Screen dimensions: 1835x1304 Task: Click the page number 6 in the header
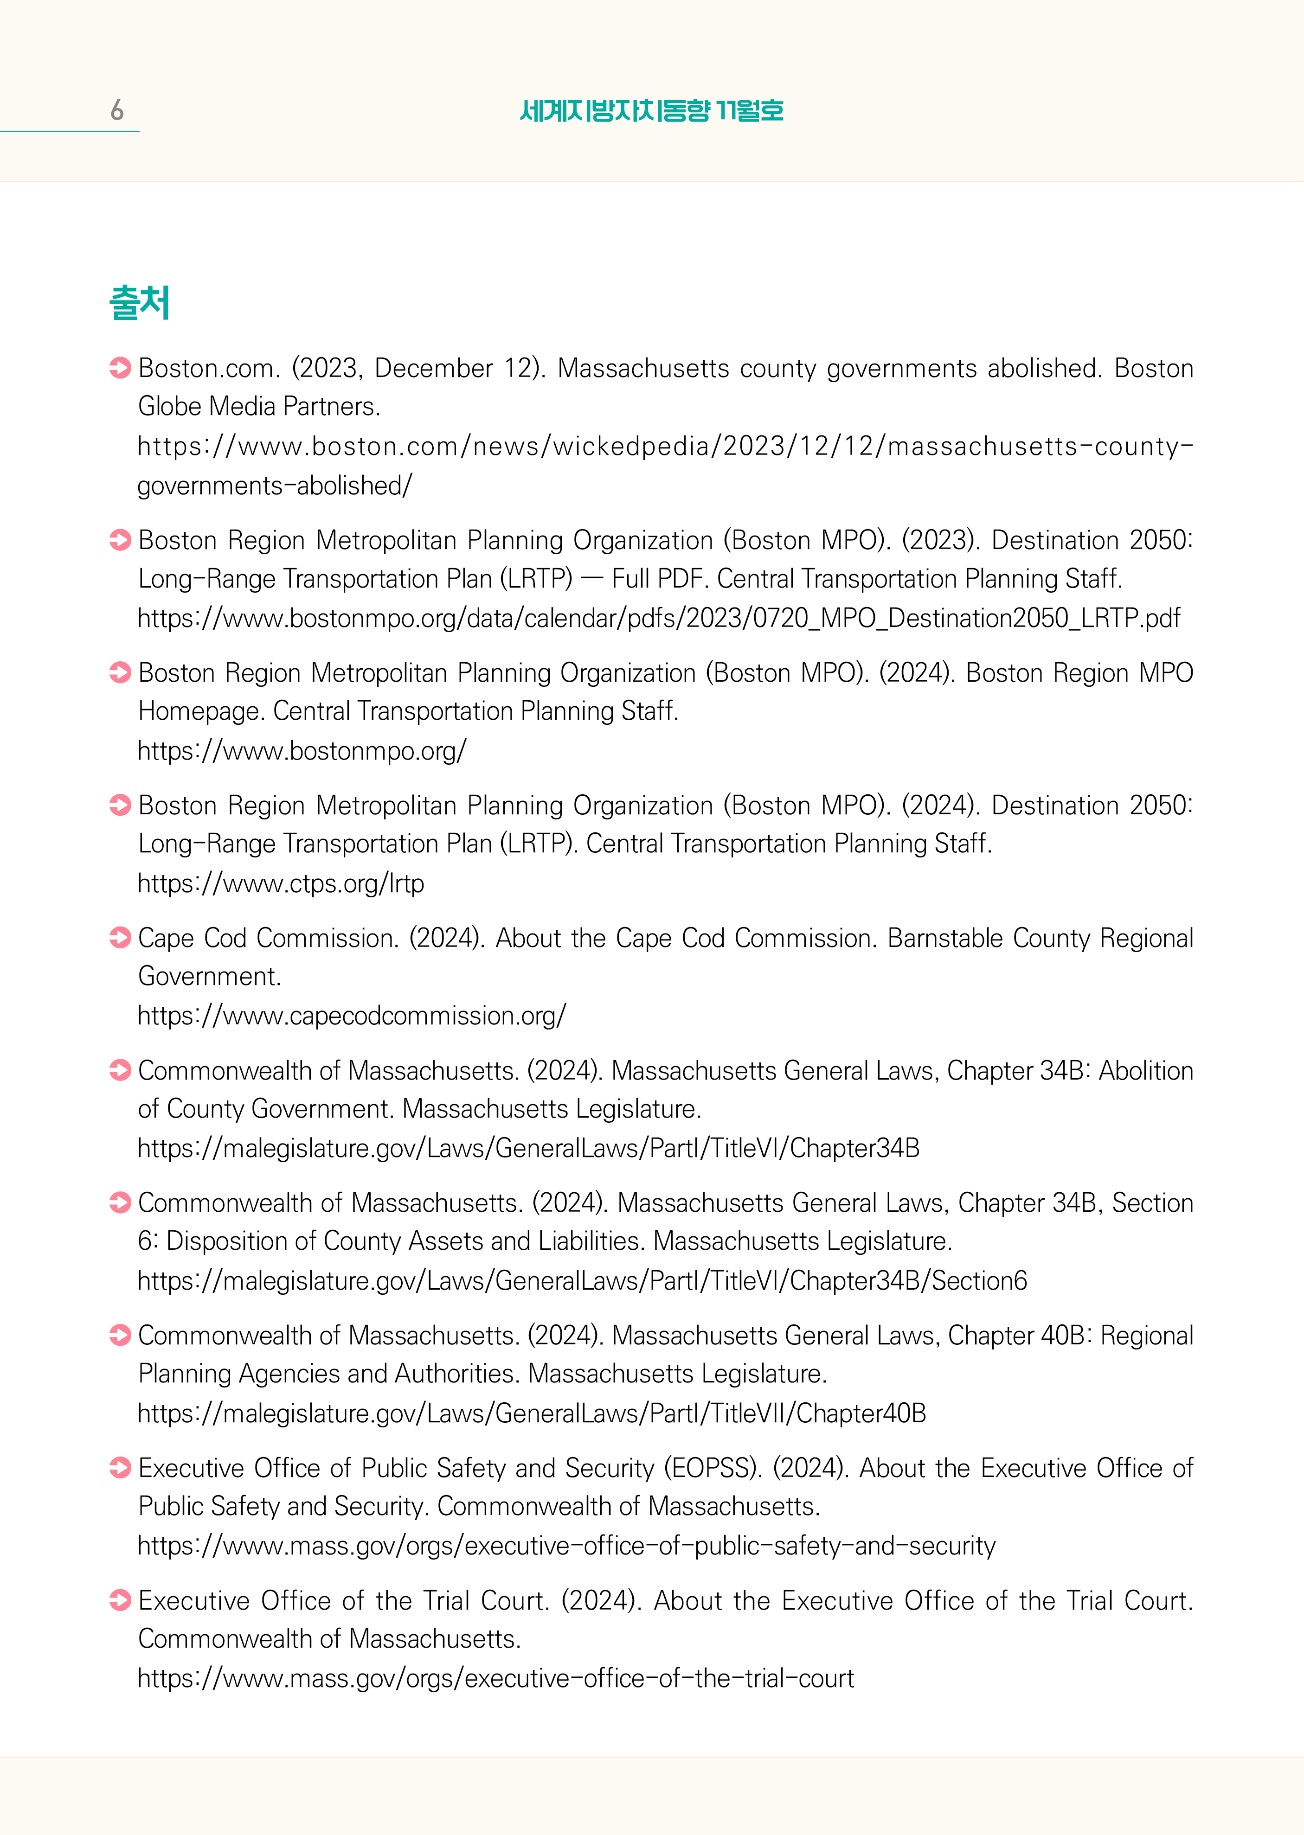click(x=117, y=110)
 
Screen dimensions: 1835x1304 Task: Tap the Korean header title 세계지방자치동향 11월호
click(x=651, y=110)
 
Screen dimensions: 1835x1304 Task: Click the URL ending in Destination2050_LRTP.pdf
click(x=658, y=618)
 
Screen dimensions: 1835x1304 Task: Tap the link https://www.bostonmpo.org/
click(x=302, y=750)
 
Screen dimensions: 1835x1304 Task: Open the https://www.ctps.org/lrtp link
click(x=281, y=883)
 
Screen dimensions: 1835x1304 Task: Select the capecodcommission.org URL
click(x=352, y=1016)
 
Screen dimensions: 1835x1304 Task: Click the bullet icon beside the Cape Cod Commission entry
click(x=121, y=938)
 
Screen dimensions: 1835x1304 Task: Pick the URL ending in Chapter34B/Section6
click(x=582, y=1280)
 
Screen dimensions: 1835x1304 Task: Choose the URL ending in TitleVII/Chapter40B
click(x=532, y=1413)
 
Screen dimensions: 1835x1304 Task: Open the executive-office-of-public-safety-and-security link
click(x=566, y=1545)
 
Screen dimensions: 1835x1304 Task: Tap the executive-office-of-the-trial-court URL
click(x=495, y=1678)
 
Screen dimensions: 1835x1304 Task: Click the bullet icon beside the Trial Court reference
click(x=121, y=1600)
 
